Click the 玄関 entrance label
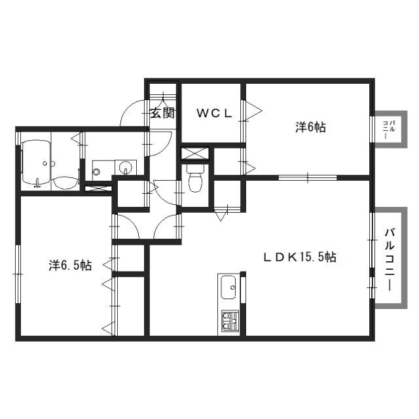pyautogui.click(x=162, y=113)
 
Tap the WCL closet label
pyautogui.click(x=214, y=114)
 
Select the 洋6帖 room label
pyautogui.click(x=310, y=127)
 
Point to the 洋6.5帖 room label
pyautogui.click(x=70, y=265)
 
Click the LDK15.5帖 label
pyautogui.click(x=300, y=257)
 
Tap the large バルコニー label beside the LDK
pyautogui.click(x=390, y=259)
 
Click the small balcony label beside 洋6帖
pyautogui.click(x=389, y=130)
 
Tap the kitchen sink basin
pyautogui.click(x=228, y=287)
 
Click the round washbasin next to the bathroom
pyautogui.click(x=126, y=168)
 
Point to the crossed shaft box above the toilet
pyautogui.click(x=195, y=153)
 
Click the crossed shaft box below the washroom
pyautogui.click(x=98, y=188)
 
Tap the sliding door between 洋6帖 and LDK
pyautogui.click(x=308, y=177)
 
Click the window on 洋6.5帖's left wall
pyautogui.click(x=18, y=274)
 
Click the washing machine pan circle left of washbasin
pyautogui.click(x=96, y=170)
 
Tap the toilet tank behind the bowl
pyautogui.click(x=195, y=169)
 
